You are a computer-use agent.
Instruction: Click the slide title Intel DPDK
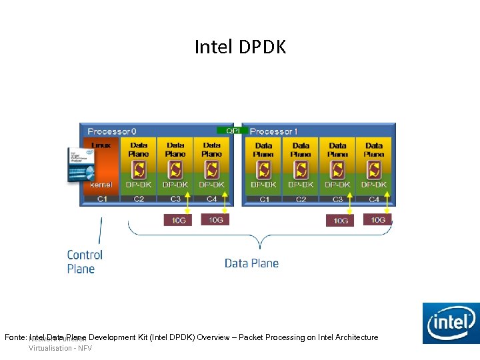tap(240, 47)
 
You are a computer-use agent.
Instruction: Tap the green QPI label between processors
tap(233, 131)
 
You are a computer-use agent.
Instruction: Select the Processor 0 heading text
tap(112, 131)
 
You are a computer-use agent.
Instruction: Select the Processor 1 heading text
tap(273, 131)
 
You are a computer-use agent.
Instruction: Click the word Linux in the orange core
tap(101, 145)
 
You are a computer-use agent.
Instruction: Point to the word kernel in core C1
tap(101, 185)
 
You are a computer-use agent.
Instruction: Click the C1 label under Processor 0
tap(102, 199)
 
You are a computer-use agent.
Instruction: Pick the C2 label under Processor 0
tap(139, 199)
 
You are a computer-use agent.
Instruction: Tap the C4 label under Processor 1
tap(374, 199)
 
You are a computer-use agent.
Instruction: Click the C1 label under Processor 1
tap(264, 199)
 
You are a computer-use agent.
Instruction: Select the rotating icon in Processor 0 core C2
tap(139, 169)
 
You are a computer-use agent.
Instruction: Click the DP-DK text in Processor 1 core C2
tap(301, 185)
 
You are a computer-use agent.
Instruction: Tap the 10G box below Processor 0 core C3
tap(178, 220)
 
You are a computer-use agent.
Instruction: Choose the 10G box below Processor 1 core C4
tap(377, 219)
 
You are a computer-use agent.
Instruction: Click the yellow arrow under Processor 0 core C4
tap(225, 203)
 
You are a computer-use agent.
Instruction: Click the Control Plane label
tap(85, 262)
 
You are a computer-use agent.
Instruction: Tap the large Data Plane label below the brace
tap(251, 263)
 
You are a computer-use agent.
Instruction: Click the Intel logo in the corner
tap(451, 324)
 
